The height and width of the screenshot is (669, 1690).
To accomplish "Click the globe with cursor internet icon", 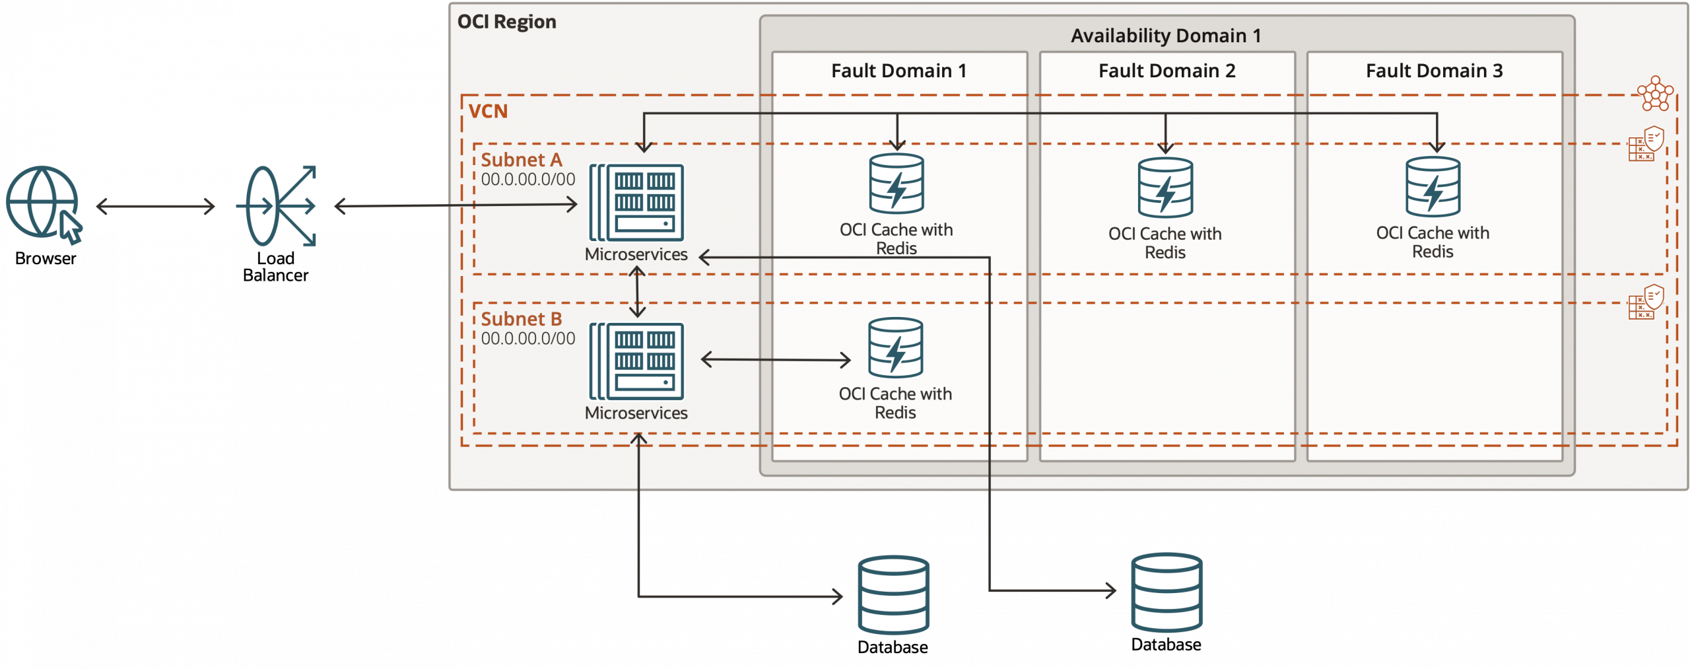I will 42,203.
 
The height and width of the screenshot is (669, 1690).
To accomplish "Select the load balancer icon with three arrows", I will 277,206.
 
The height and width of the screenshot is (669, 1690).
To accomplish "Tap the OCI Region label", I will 506,22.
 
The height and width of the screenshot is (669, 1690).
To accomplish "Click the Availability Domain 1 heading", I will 1166,36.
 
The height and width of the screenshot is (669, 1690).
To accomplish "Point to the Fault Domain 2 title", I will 1166,71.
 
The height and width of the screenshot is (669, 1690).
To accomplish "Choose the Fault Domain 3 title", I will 1434,71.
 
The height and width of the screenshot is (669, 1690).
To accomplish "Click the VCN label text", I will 488,111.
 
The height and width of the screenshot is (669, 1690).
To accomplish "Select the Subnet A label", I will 521,160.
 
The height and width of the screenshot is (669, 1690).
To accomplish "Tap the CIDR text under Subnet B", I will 527,339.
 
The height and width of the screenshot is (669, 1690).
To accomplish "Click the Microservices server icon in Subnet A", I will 637,202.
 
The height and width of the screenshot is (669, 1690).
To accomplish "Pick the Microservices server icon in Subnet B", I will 637,361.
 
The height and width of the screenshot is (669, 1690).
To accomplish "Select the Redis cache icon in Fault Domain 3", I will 1433,187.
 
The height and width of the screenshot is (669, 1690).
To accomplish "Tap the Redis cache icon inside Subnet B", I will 895,348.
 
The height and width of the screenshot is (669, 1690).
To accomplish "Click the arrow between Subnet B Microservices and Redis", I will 776,360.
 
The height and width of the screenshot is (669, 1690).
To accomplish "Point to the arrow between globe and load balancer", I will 155,207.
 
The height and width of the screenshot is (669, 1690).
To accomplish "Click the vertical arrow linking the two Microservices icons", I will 637,291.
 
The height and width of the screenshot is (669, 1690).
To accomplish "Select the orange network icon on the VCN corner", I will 1655,94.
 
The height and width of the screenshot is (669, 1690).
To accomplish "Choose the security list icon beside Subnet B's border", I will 1646,302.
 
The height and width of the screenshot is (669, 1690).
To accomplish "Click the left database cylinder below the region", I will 893,594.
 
